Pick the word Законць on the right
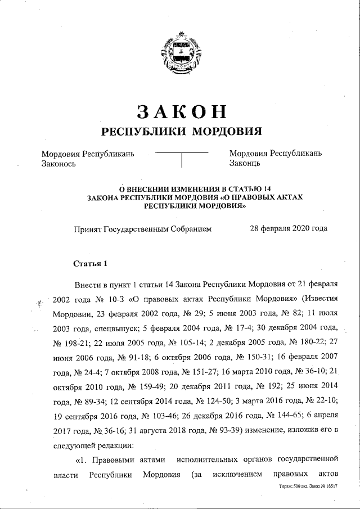245,164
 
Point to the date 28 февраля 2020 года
288,228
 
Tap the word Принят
87,229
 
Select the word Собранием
190,229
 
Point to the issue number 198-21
73,343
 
